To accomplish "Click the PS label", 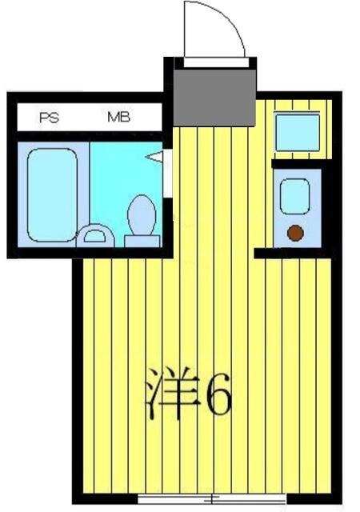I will (50, 118).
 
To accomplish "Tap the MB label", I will (119, 118).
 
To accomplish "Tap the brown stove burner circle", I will (295, 233).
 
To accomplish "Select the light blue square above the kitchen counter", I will (297, 132).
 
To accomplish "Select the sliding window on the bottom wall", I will (211, 499).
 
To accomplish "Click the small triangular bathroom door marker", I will (154, 157).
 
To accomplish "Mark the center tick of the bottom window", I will (211, 499).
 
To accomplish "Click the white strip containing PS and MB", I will (88, 118).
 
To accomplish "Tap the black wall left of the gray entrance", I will (169, 88).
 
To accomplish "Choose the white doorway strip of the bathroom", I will (168, 172).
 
